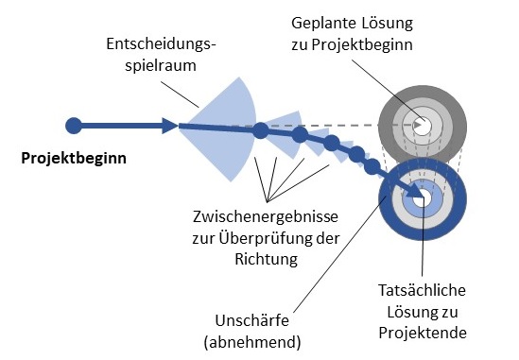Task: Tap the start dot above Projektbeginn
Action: (75, 125)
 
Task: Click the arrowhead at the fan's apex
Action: (169, 125)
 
